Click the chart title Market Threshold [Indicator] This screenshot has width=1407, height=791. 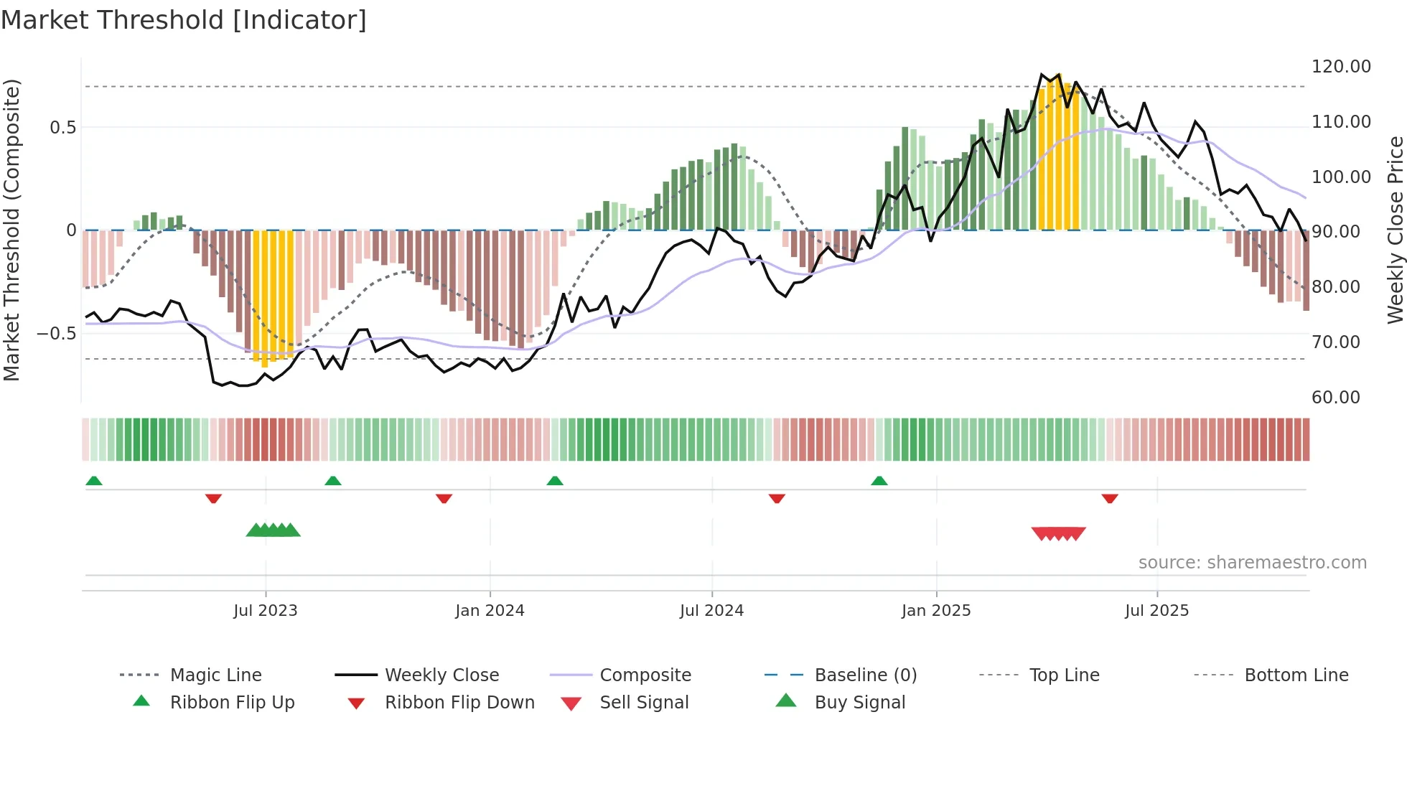(x=184, y=20)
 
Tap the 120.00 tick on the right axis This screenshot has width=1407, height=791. (x=1340, y=67)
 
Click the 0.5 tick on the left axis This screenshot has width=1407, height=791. (x=62, y=128)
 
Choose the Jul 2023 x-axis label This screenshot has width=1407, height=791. (x=265, y=611)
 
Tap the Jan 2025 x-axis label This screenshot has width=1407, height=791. (x=935, y=611)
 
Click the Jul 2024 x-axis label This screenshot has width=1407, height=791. (x=711, y=611)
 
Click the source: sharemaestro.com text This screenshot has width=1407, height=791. (x=1252, y=563)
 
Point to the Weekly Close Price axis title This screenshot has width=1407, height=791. (x=1394, y=230)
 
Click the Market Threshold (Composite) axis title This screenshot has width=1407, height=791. (x=11, y=230)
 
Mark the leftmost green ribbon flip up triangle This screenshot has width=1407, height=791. (x=94, y=481)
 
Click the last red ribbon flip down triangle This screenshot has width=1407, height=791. (x=1109, y=498)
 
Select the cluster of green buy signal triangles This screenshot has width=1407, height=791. (x=273, y=530)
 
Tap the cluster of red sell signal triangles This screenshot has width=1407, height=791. (x=1058, y=533)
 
